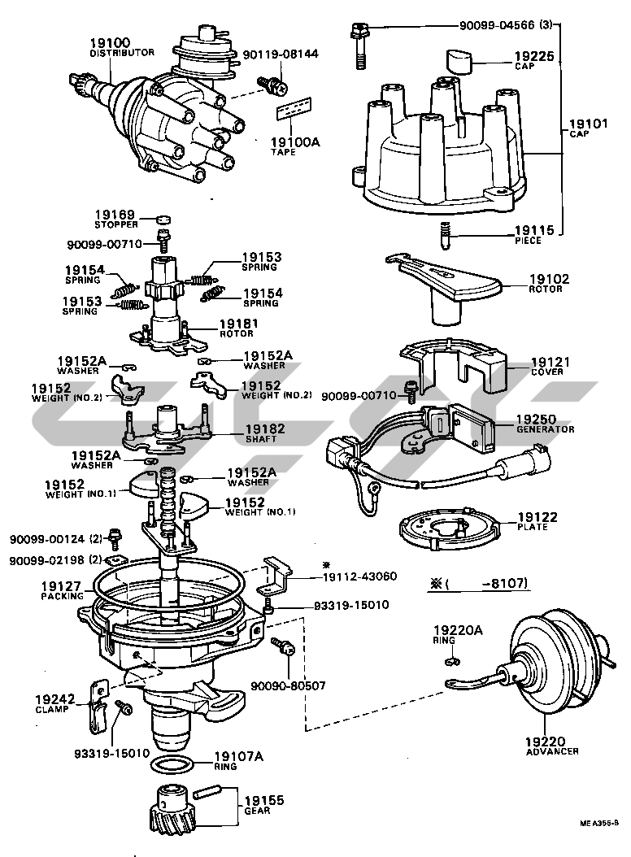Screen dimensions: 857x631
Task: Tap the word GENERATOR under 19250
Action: pyautogui.click(x=546, y=429)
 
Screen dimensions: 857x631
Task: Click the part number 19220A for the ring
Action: pyautogui.click(x=457, y=629)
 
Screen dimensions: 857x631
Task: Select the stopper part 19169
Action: pyautogui.click(x=166, y=219)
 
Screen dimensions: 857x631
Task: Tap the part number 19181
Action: pyautogui.click(x=237, y=323)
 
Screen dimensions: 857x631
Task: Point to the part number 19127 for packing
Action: pyautogui.click(x=61, y=585)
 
